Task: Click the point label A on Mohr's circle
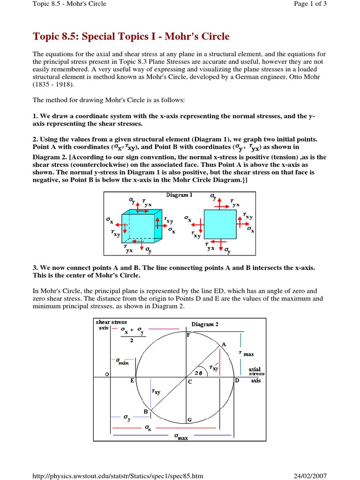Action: tap(224, 344)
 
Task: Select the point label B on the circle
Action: tap(146, 411)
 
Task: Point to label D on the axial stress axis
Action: tap(237, 380)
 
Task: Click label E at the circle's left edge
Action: tap(132, 381)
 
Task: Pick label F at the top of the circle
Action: tap(189, 335)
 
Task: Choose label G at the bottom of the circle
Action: tap(189, 420)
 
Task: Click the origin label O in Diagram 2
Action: tap(107, 374)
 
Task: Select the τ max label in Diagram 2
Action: tap(247, 353)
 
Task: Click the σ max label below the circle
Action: tap(181, 436)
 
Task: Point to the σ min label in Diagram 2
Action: tap(122, 361)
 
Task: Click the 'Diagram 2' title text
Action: tap(205, 324)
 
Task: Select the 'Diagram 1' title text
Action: tap(179, 195)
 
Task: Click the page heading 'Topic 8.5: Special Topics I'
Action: tap(131, 37)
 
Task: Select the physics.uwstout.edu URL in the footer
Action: tap(118, 476)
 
